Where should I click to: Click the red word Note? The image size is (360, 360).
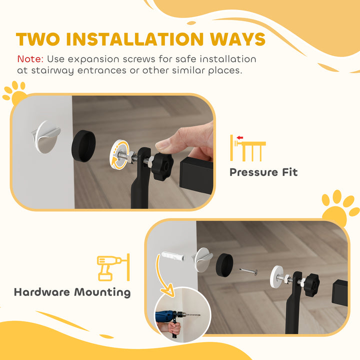click(x=30, y=59)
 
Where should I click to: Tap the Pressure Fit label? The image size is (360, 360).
click(x=263, y=172)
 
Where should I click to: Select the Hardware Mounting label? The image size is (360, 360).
click(x=72, y=292)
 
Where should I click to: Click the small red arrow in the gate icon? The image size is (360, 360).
click(x=240, y=138)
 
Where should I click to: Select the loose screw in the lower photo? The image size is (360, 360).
click(x=248, y=271)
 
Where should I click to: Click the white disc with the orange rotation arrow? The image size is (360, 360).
click(x=121, y=152)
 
